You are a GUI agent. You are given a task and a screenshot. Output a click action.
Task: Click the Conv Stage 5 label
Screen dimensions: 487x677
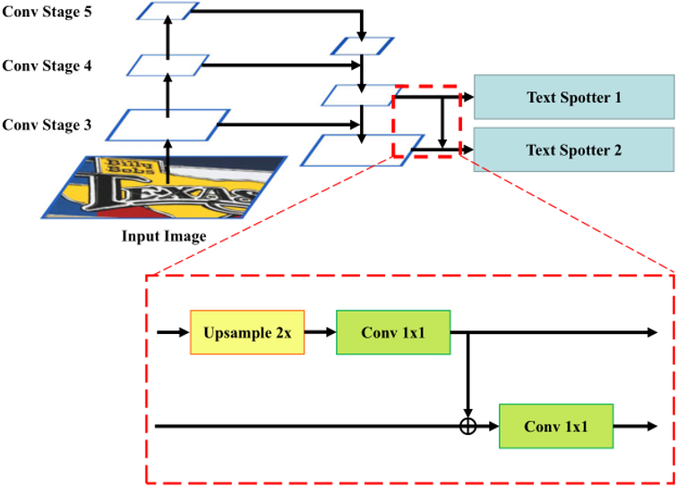click(46, 12)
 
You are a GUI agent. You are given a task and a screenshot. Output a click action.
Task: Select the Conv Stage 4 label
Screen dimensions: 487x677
click(46, 66)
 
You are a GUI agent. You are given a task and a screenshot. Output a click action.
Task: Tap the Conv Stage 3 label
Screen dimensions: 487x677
click(46, 124)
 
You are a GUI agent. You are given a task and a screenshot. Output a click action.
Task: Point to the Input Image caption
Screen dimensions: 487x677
click(164, 236)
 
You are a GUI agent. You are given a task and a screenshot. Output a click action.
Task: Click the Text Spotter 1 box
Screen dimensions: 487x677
click(573, 97)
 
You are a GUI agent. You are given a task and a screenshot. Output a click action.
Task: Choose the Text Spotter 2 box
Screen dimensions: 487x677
click(573, 150)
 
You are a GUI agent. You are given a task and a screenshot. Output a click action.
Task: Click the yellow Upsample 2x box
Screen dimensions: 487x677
click(247, 332)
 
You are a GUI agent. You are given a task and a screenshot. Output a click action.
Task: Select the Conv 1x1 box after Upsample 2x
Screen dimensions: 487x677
click(393, 332)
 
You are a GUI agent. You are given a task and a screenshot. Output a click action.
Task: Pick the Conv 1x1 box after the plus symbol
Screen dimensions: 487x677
click(556, 426)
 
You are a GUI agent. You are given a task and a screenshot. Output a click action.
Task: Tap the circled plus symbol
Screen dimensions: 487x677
click(467, 426)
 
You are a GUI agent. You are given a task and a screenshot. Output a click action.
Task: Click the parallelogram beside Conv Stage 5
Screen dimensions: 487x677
click(168, 11)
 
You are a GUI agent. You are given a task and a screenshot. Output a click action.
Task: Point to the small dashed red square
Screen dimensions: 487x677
click(426, 122)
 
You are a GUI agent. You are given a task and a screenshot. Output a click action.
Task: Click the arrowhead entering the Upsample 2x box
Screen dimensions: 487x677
click(184, 332)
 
